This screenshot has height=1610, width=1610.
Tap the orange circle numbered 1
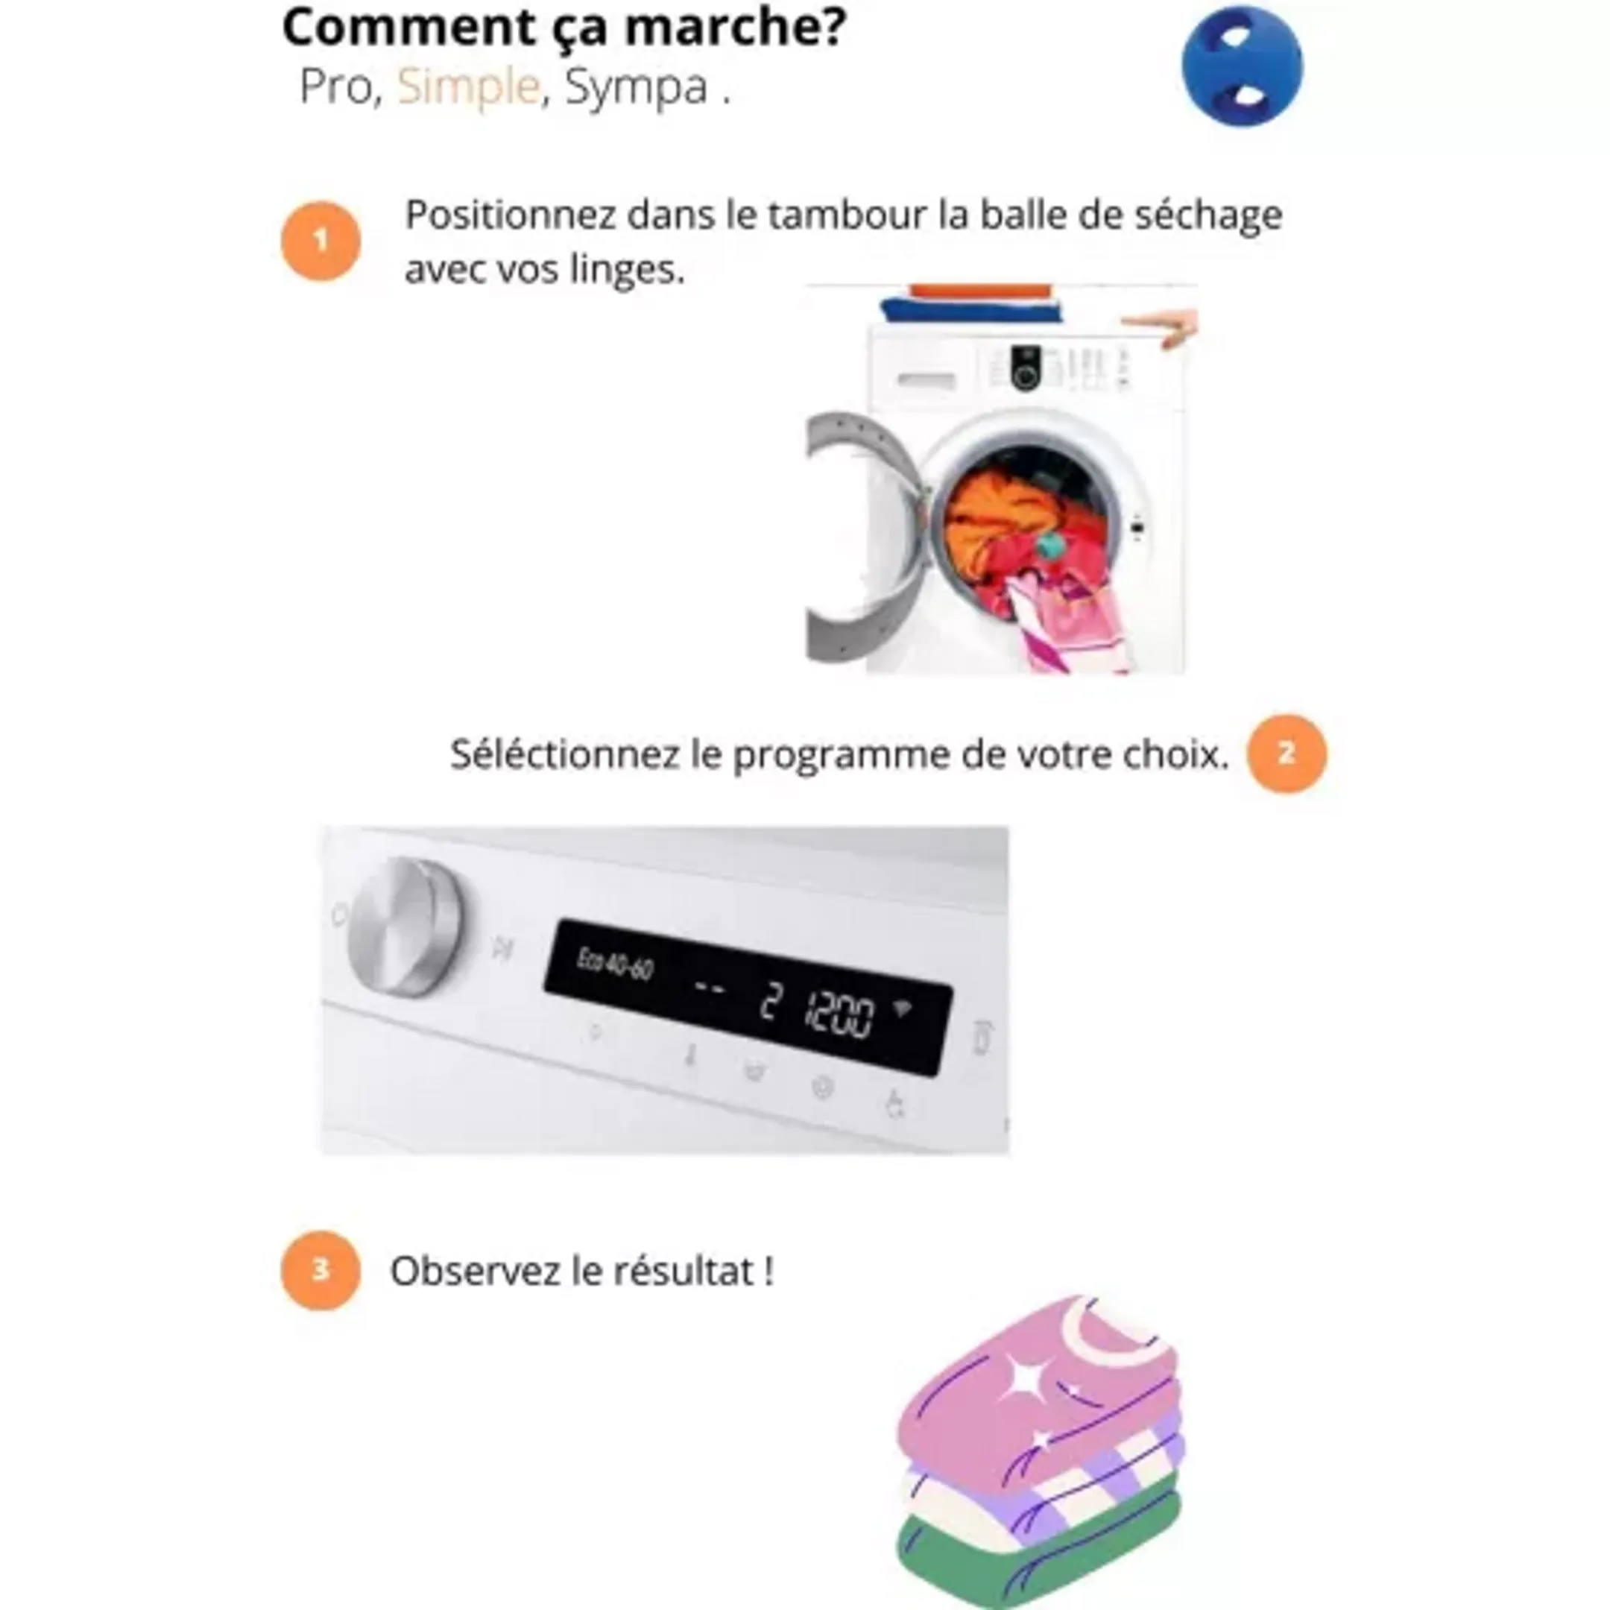click(321, 241)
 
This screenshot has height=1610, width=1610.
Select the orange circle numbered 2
click(1287, 754)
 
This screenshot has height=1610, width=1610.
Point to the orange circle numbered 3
click(321, 1270)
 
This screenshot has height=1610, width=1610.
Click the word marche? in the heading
click(736, 27)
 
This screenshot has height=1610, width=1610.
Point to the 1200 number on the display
click(839, 1014)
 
